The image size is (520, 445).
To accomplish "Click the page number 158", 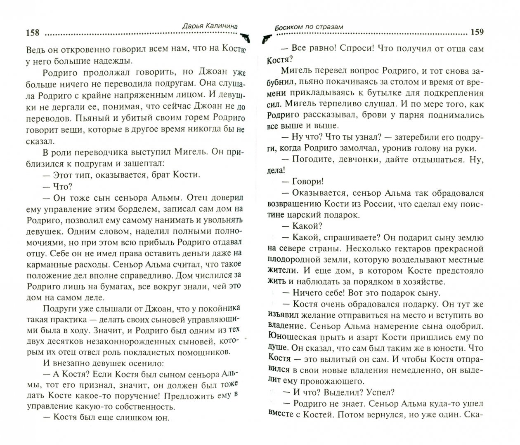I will tap(33, 33).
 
